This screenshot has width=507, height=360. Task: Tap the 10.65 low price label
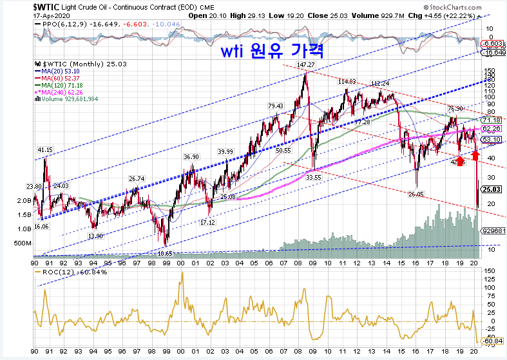click(x=166, y=254)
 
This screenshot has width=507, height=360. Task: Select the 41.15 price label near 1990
click(x=44, y=150)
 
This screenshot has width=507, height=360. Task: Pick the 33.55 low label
click(x=314, y=176)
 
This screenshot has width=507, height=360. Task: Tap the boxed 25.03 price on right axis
click(x=491, y=189)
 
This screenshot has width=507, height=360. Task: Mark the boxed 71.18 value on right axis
click(x=491, y=120)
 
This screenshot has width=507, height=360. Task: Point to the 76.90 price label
click(x=455, y=109)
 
